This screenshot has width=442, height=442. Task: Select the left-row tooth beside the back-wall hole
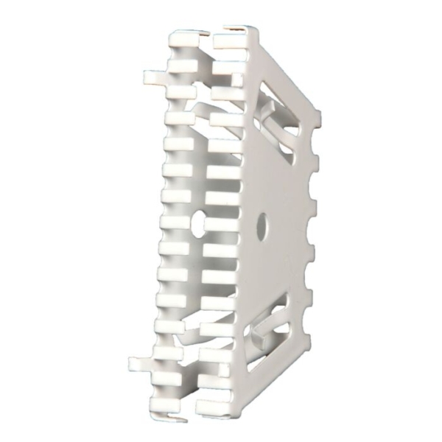coord(177,221)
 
